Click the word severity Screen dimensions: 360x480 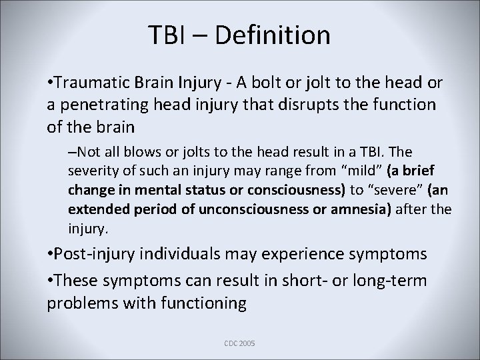(x=90, y=171)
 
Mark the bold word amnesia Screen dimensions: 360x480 (x=359, y=209)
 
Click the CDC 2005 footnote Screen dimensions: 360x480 (x=239, y=343)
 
